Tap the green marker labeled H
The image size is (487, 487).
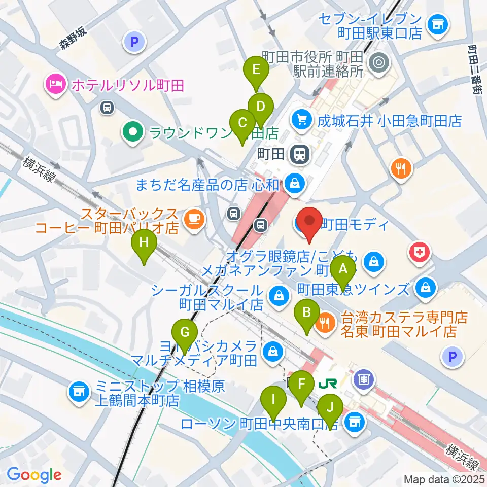tap(144, 242)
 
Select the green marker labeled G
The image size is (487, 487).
tap(185, 333)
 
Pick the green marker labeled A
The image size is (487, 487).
tap(343, 267)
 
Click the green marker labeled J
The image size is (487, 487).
tap(330, 407)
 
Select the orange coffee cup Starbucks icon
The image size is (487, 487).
tap(194, 218)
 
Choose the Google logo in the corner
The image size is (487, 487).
tap(34, 475)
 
